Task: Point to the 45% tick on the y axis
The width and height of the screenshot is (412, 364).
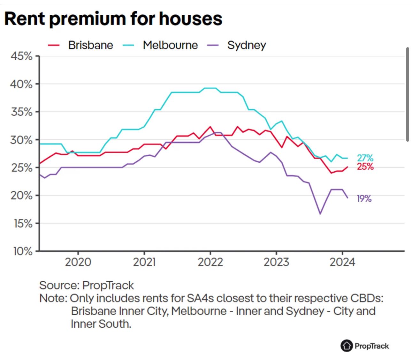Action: [x=21, y=56]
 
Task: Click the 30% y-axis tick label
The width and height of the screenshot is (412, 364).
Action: [x=21, y=140]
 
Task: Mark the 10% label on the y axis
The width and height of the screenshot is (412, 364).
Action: [x=23, y=251]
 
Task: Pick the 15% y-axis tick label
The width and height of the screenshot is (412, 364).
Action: [x=23, y=224]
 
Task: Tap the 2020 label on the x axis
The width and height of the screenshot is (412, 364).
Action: [x=78, y=262]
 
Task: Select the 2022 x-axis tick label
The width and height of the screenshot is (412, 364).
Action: [x=210, y=262]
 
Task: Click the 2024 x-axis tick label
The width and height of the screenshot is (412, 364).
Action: [x=342, y=262]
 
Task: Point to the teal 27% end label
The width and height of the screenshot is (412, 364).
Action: [x=365, y=158]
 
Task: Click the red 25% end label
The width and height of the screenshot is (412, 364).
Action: [x=365, y=167]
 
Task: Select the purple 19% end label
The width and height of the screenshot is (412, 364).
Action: [x=364, y=199]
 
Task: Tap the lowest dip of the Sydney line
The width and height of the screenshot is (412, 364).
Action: [x=320, y=214]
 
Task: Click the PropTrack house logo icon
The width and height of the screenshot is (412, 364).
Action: [x=347, y=346]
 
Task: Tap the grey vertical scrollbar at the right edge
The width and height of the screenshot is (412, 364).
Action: [x=408, y=94]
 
